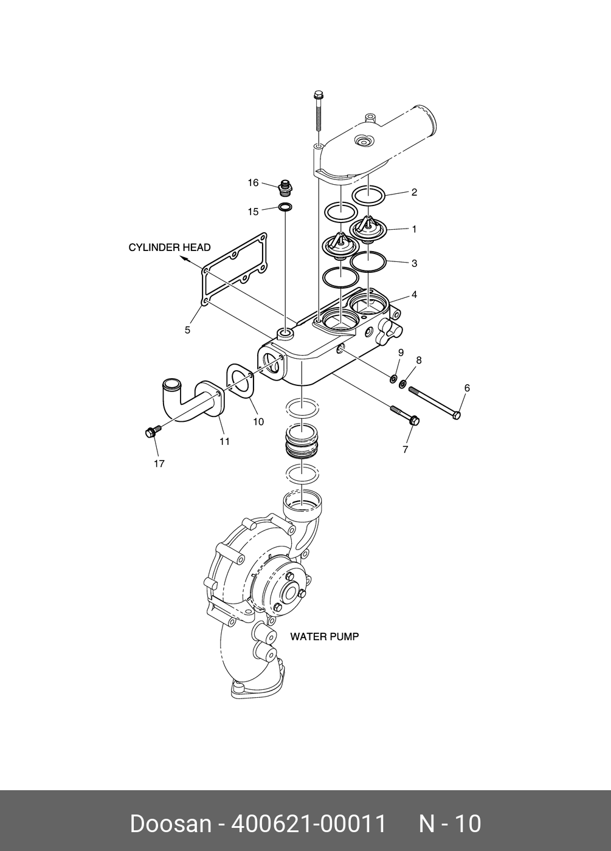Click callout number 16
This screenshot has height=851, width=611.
pyautogui.click(x=253, y=183)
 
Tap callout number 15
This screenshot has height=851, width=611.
pyautogui.click(x=253, y=212)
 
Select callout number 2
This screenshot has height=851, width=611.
pyautogui.click(x=414, y=192)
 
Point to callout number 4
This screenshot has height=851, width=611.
pyautogui.click(x=414, y=295)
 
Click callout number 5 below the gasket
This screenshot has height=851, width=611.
pyautogui.click(x=188, y=330)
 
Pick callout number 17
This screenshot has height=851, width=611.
pyautogui.click(x=159, y=463)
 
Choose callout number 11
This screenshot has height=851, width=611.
pyautogui.click(x=224, y=441)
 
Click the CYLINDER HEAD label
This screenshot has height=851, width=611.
pyautogui.click(x=170, y=247)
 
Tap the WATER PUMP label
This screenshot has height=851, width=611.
pyautogui.click(x=324, y=637)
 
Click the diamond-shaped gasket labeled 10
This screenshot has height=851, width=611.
pyautogui.click(x=241, y=382)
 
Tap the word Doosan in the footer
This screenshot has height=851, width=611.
pyautogui.click(x=170, y=824)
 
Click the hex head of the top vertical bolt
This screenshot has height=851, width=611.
pyautogui.click(x=318, y=95)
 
